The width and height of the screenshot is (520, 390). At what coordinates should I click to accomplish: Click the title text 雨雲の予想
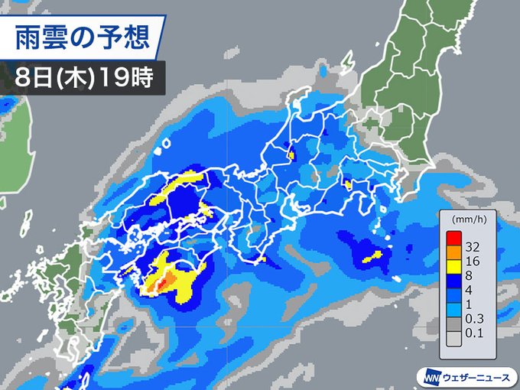tap(89, 36)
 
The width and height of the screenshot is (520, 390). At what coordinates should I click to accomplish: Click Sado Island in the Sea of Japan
tap(347, 61)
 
